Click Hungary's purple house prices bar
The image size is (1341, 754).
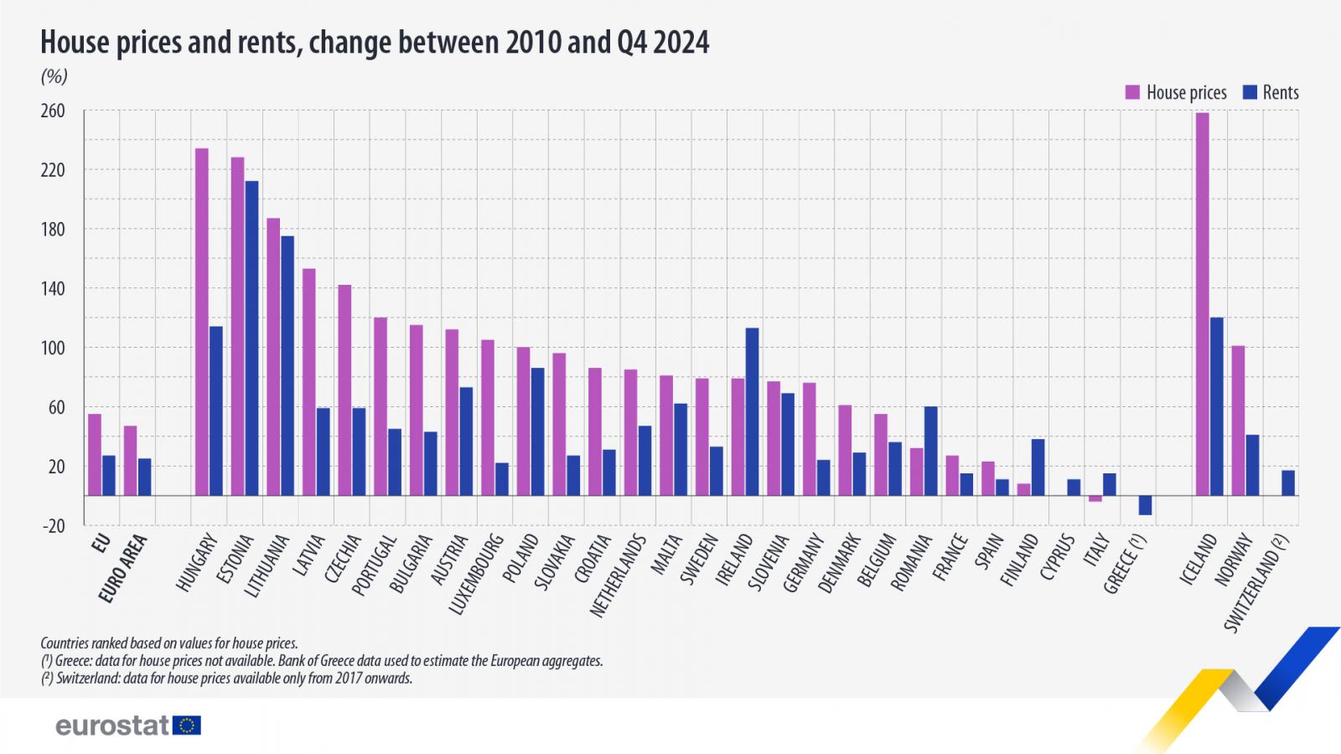click(202, 322)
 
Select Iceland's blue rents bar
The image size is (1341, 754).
click(1216, 406)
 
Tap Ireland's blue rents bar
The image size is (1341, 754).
click(752, 411)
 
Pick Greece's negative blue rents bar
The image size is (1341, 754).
click(1145, 505)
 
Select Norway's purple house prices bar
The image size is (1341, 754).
click(1238, 420)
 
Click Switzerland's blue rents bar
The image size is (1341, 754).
click(1288, 483)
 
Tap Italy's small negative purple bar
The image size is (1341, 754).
click(1095, 498)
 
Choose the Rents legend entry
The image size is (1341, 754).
click(1271, 92)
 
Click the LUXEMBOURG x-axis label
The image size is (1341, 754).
click(477, 574)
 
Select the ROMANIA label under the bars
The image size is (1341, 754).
click(911, 562)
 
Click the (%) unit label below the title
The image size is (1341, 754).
click(54, 76)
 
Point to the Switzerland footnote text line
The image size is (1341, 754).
click(226, 679)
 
